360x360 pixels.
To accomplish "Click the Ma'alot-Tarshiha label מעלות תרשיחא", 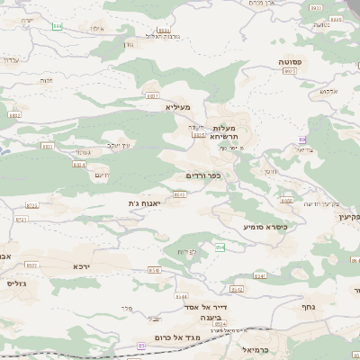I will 230,132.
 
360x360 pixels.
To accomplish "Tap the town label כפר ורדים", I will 202,175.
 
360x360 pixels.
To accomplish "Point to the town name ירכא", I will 82,266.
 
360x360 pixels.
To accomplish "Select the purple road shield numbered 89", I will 303,139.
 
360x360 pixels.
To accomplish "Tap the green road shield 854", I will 220,246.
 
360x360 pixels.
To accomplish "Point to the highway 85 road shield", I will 142,345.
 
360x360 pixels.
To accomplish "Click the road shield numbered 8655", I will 179,193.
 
